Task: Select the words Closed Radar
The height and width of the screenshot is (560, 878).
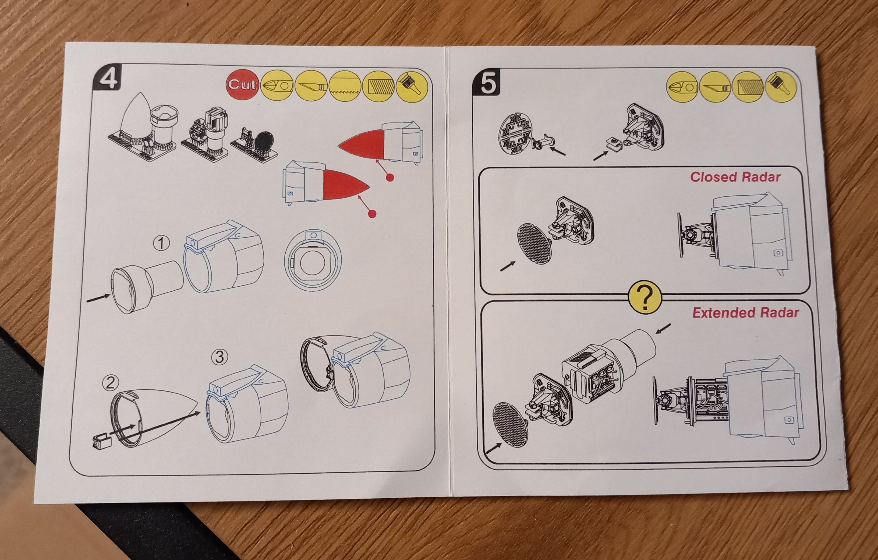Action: coord(735,177)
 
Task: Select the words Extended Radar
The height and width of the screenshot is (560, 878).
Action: coord(746,313)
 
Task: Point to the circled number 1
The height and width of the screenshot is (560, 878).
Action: coord(161,243)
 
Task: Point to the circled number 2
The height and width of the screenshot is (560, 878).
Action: coord(111,383)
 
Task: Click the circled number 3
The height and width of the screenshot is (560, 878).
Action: coord(219,357)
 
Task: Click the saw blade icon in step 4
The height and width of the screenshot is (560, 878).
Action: coord(345,86)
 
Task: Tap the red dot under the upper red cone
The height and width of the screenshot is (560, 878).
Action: coord(390,178)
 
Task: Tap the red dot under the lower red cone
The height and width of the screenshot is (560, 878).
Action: coord(372,213)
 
